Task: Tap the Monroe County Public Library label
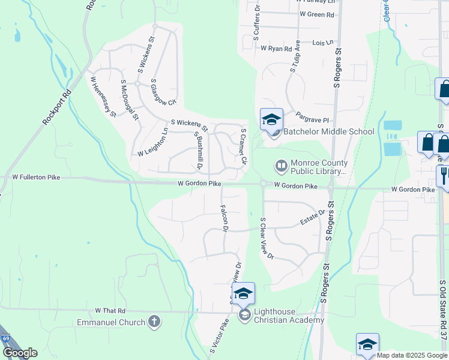[319, 167]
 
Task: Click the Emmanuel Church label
[111, 322]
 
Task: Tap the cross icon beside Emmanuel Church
[154, 322]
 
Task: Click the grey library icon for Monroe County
[280, 164]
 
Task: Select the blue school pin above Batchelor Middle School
[271, 119]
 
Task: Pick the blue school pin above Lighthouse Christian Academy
[243, 293]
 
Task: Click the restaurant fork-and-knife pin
[444, 175]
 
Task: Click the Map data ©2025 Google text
[412, 355]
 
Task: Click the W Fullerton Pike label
[37, 178]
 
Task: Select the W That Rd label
[110, 311]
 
